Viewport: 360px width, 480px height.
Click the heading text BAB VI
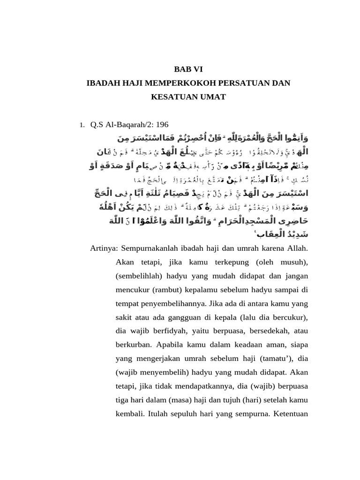(x=189, y=69)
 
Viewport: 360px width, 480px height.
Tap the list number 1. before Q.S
(x=82, y=125)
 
